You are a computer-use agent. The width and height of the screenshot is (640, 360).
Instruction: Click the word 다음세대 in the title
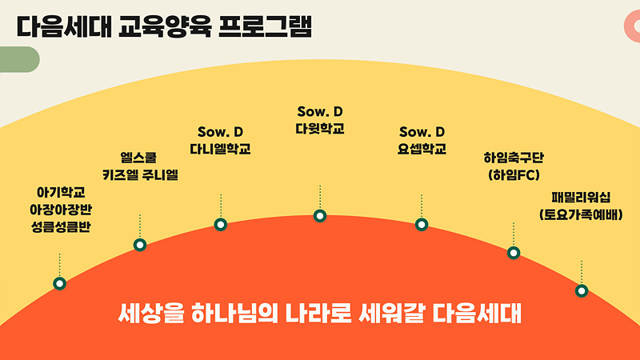coord(64,27)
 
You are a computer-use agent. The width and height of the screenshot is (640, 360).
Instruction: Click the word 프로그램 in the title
coord(266,27)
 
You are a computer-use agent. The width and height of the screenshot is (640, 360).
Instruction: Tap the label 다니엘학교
coord(221,149)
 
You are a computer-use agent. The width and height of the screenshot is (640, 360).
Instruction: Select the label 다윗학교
coord(320,129)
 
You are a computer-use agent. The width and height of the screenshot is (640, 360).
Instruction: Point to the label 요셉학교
coord(422,149)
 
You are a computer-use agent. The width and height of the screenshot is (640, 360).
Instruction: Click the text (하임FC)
coord(514,175)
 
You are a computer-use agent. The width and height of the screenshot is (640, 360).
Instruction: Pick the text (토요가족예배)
coord(581,214)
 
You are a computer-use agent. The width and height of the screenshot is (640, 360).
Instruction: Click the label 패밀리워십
coord(581,198)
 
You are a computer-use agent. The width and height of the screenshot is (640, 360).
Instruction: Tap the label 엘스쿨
coord(138,158)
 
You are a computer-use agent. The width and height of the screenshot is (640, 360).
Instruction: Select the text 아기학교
coord(61,192)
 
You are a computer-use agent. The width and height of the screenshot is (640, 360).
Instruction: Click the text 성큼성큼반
coord(61,227)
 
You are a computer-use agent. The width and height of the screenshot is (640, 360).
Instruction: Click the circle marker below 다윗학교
coord(320,215)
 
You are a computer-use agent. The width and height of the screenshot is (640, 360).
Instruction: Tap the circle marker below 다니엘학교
coord(221,225)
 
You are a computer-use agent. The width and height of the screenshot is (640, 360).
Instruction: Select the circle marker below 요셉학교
coord(422,225)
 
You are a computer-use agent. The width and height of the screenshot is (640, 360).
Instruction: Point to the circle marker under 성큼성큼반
coord(59,283)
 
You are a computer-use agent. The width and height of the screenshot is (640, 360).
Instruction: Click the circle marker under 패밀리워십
coord(582,291)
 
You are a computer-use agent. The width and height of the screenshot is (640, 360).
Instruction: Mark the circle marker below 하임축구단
coord(514,253)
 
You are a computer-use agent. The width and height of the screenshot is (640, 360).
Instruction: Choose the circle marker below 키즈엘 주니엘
coord(140,245)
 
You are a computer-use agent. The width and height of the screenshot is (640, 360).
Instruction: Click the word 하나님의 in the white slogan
coord(234,314)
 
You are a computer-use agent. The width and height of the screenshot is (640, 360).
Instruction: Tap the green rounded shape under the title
coord(19,59)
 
